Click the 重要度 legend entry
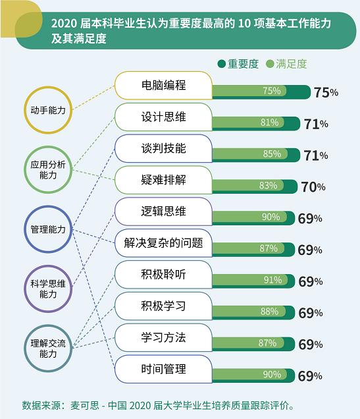point(238,64)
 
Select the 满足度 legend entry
point(286,64)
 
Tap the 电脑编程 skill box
point(164,86)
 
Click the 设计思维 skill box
point(164,117)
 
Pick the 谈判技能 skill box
point(164,148)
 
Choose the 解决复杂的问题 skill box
point(164,243)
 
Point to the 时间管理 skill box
point(164,369)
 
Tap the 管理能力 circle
point(48,206)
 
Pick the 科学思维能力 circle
point(48,265)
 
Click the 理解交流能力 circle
point(48,325)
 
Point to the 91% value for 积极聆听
point(272,280)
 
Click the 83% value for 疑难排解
point(269,185)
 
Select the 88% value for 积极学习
point(270,312)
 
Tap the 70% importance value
point(313,187)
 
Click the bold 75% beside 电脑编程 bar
point(326,93)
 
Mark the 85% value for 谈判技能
point(272,154)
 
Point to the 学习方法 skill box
point(164,337)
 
